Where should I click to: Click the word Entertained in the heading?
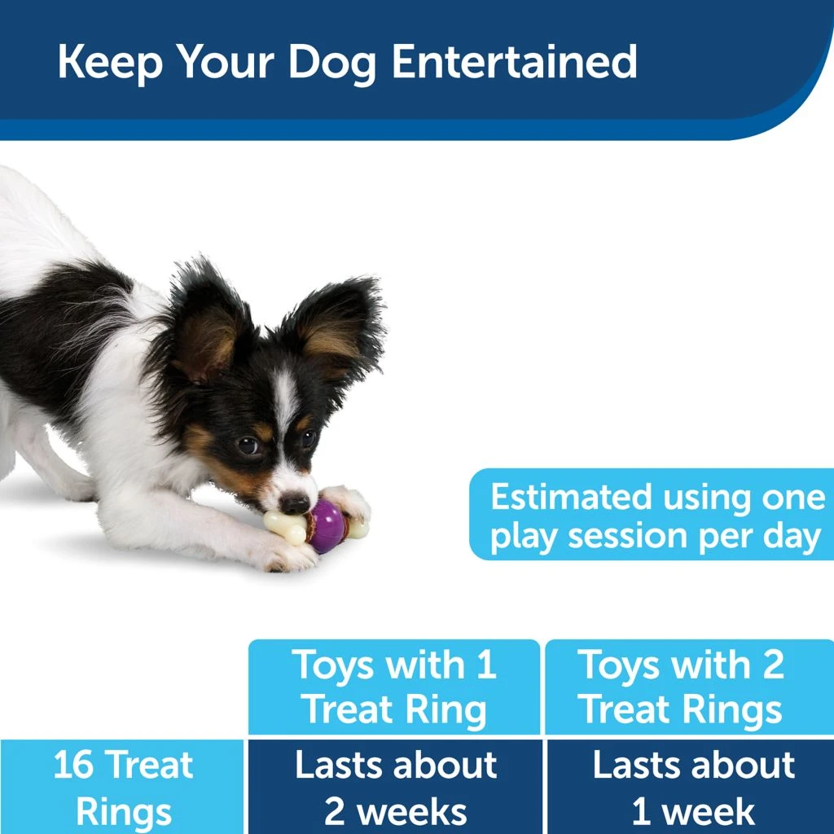point(514,62)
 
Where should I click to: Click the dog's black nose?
point(295,503)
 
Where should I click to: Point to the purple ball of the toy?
point(327,525)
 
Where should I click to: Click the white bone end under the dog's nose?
point(280,522)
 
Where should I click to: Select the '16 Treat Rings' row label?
point(122,787)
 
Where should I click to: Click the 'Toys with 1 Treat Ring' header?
point(394,687)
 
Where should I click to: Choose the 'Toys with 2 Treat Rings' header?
point(683,687)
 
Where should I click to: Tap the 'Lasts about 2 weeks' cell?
point(396,787)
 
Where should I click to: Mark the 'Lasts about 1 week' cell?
point(692,787)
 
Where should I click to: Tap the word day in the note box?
point(790,538)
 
